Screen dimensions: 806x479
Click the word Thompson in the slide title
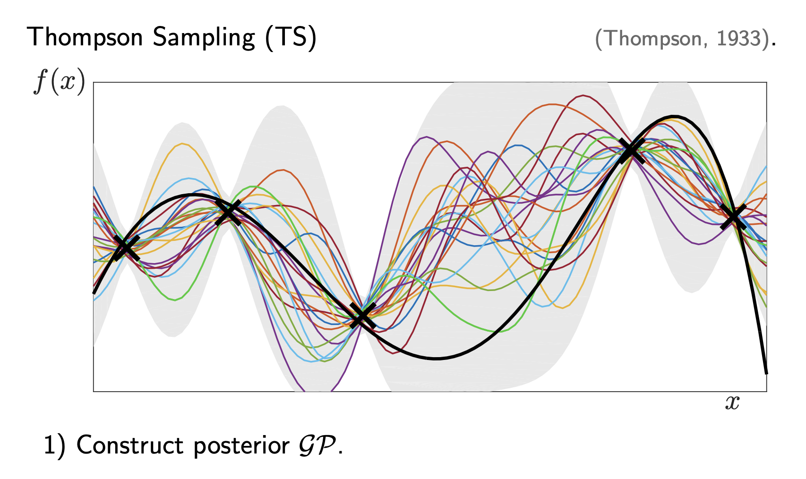(85, 37)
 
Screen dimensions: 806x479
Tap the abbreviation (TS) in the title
(291, 37)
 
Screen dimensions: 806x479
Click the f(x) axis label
(60, 81)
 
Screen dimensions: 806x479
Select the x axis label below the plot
(732, 402)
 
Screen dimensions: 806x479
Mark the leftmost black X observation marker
(126, 248)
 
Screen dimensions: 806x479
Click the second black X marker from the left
(228, 213)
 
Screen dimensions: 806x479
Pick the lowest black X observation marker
(363, 316)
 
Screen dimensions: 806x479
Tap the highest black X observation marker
(632, 150)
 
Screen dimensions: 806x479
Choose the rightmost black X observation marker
(733, 217)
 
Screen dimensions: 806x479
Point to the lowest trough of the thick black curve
(436, 359)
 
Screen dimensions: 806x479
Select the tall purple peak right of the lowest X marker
(427, 137)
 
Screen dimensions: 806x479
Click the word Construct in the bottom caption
(130, 445)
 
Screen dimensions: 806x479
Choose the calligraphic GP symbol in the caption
(317, 445)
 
